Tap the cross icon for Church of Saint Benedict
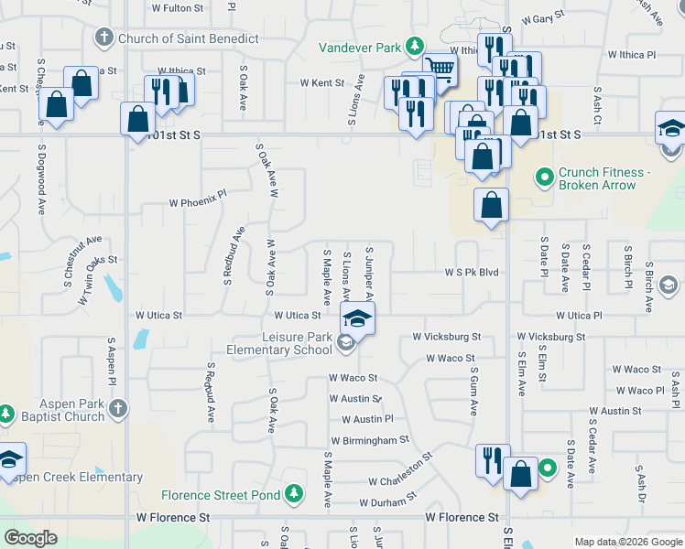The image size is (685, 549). point(103,38)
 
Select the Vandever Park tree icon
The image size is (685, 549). point(415,46)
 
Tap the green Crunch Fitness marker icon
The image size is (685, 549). point(545,174)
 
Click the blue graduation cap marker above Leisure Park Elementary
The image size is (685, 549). point(357,318)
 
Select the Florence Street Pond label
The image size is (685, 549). point(222,495)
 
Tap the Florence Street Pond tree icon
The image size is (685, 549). point(294,495)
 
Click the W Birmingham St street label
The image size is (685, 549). point(370,440)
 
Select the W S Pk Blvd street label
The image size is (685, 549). point(472,272)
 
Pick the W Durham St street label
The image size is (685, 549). point(387,502)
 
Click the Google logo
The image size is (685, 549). point(30,538)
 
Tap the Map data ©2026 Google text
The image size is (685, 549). point(626,542)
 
